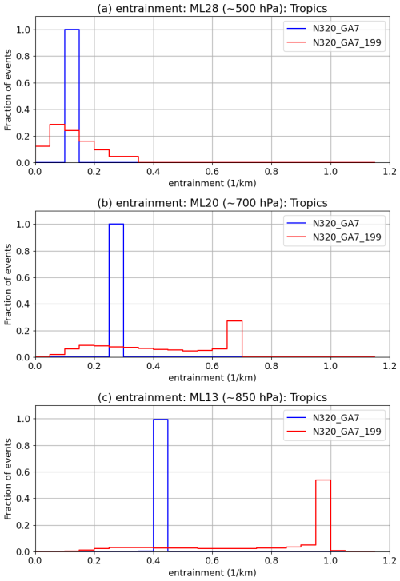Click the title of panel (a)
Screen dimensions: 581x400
click(212, 9)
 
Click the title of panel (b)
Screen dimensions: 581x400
click(212, 203)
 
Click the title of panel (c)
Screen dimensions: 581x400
click(212, 397)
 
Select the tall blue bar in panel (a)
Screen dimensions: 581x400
click(72, 96)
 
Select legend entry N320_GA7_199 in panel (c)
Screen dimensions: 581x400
click(347, 432)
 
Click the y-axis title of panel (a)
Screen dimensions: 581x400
click(9, 90)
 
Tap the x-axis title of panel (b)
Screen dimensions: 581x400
click(212, 379)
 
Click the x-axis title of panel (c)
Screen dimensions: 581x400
click(212, 573)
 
